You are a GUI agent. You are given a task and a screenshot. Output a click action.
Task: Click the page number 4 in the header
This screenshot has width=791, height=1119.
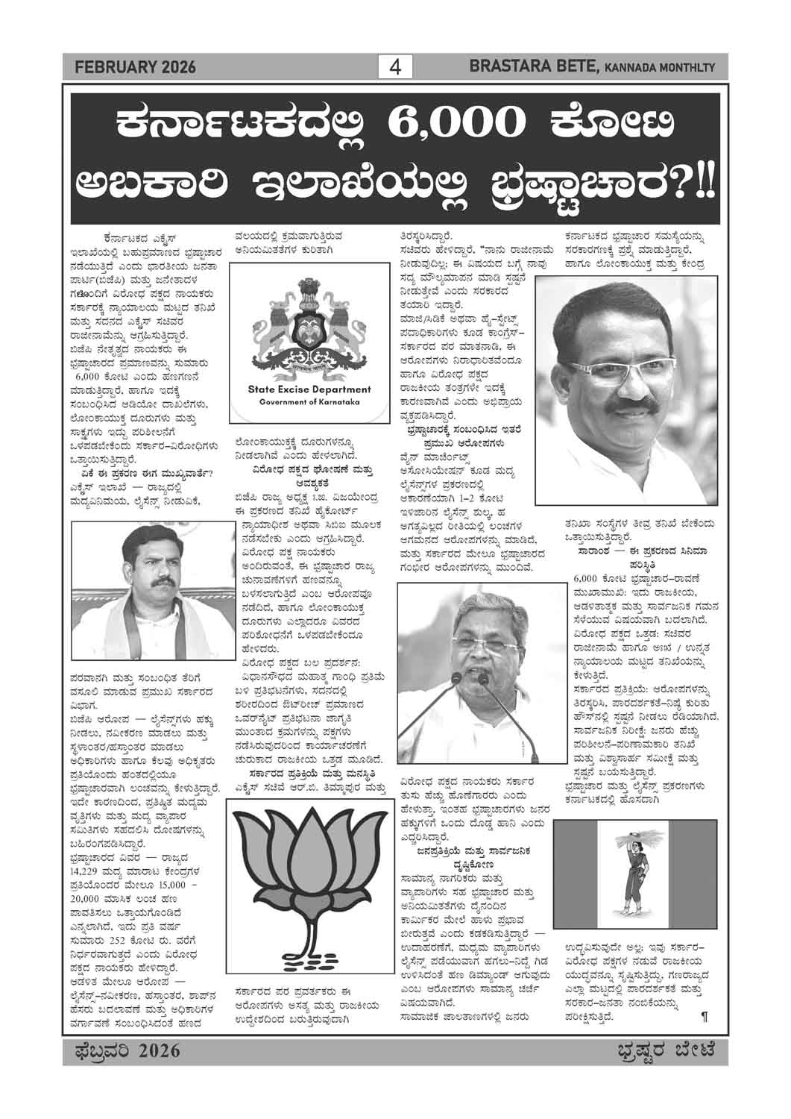395,67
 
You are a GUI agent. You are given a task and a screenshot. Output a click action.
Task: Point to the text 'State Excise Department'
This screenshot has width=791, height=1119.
309,389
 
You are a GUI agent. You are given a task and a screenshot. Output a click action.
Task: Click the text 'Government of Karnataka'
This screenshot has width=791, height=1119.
309,402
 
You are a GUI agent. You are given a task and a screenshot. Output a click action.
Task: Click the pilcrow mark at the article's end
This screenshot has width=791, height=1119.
704,1016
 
